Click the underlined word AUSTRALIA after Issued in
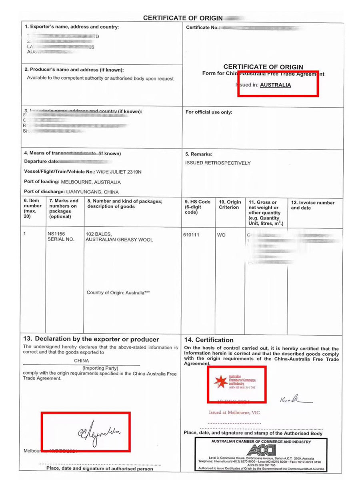click(275, 85)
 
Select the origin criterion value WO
click(221, 235)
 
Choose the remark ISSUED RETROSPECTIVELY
click(218, 163)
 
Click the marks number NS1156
click(56, 233)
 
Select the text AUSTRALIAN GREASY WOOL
click(119, 240)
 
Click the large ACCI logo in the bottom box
click(261, 450)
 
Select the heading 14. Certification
click(209, 340)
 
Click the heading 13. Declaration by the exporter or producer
click(91, 339)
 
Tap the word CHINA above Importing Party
click(82, 360)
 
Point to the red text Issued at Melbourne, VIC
click(234, 412)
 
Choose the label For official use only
click(209, 112)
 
